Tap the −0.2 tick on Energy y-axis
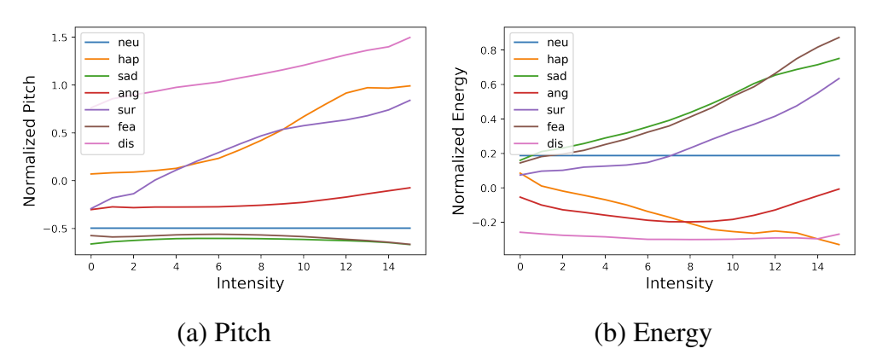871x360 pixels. [485, 222]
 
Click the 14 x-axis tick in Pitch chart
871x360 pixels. [388, 267]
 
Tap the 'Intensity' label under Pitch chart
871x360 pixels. [250, 283]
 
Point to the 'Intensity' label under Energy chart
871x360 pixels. [680, 283]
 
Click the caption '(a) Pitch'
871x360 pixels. [224, 332]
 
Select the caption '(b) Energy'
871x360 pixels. [653, 332]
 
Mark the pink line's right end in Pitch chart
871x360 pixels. [410, 38]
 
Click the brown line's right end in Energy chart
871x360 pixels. [839, 37]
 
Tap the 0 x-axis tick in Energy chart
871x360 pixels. [520, 267]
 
